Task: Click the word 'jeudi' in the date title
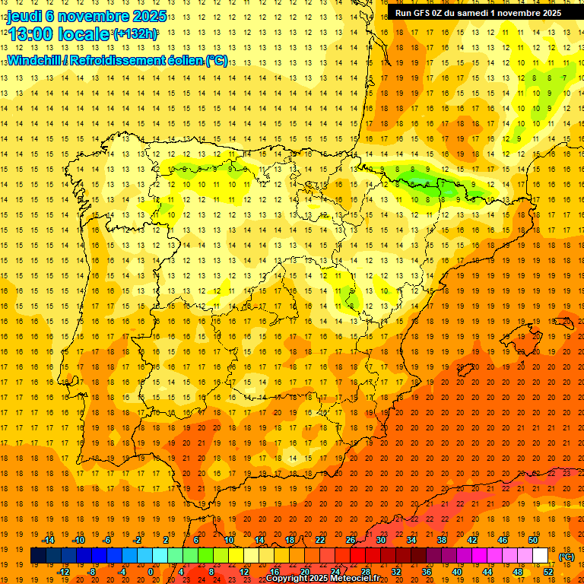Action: point(25,15)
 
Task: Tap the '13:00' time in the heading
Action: point(30,33)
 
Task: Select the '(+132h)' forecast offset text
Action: point(135,33)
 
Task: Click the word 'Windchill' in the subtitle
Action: point(35,61)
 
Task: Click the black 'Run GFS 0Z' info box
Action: point(477,12)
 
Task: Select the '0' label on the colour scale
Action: point(151,572)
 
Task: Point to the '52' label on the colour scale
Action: point(548,572)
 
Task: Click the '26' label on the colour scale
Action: point(351,540)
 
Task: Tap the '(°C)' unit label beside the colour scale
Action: point(567,557)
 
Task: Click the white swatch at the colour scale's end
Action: point(540,556)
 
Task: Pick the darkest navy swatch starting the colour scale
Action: point(38,556)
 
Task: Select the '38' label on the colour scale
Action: point(442,540)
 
